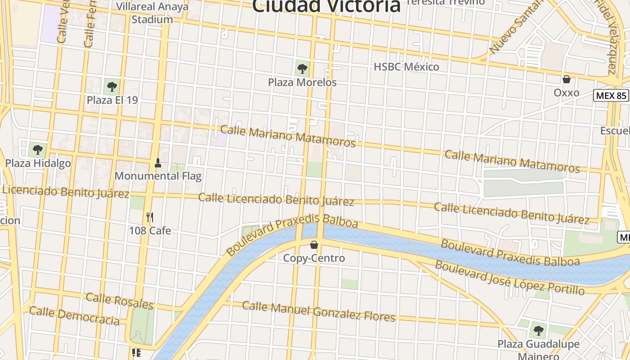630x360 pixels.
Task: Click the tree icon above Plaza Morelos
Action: click(x=302, y=69)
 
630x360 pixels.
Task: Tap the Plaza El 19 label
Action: click(x=112, y=100)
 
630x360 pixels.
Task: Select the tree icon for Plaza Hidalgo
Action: click(x=38, y=149)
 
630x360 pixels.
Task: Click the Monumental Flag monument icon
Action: click(x=157, y=162)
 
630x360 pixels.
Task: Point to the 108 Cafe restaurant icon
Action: click(x=150, y=217)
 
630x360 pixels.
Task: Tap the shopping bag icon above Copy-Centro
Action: click(x=314, y=245)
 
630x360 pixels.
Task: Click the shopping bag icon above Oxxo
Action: click(x=566, y=79)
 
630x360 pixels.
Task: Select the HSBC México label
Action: click(x=406, y=67)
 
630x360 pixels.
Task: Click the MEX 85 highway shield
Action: click(x=611, y=95)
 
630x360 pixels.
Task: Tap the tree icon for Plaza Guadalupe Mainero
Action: click(x=538, y=331)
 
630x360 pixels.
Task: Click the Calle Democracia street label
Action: click(x=74, y=315)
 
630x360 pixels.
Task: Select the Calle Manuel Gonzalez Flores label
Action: click(x=319, y=311)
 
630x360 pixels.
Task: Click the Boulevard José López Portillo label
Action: click(x=510, y=278)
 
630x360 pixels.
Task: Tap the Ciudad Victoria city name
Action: click(x=326, y=6)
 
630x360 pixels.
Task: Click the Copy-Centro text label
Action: click(x=314, y=258)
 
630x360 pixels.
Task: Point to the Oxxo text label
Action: click(x=566, y=93)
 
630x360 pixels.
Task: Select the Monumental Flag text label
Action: click(x=158, y=176)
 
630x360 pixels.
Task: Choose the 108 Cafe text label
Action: click(x=150, y=231)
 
